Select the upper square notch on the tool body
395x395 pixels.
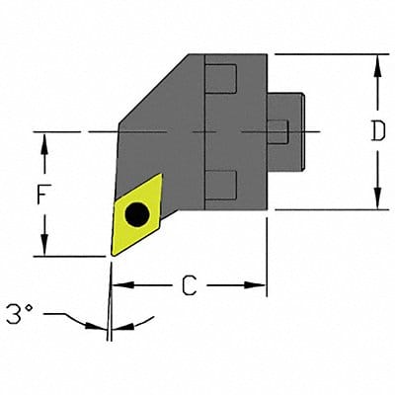point(223,77)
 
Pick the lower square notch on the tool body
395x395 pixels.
point(223,183)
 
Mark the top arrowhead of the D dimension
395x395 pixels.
point(375,61)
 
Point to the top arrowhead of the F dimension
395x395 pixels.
point(43,139)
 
